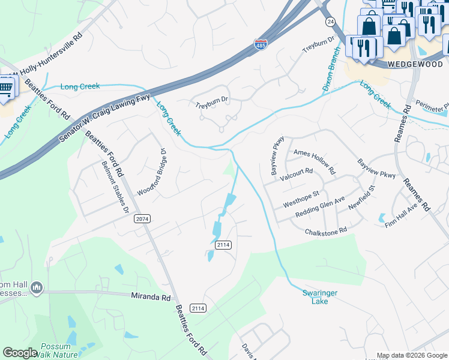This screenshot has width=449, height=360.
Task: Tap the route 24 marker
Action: [x=330, y=21]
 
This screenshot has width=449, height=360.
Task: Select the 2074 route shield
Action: [x=142, y=219]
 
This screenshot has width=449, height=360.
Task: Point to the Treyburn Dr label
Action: [x=212, y=102]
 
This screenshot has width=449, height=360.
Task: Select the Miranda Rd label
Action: [x=151, y=296]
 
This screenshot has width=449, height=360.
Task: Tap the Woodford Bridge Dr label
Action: [x=151, y=172]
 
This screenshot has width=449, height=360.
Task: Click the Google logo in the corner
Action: [x=20, y=353]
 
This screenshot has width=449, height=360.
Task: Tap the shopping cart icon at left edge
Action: [x=5, y=88]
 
